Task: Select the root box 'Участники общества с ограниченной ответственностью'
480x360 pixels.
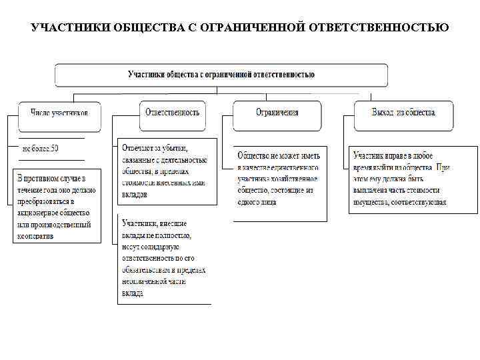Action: [221, 75]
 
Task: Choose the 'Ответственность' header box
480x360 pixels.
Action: [172, 112]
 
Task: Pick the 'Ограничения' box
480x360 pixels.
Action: [277, 112]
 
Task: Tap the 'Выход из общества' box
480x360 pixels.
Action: [403, 112]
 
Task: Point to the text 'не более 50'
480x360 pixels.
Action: [41, 148]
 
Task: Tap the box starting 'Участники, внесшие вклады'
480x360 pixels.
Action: [164, 259]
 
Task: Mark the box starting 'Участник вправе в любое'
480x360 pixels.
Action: [413, 179]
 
